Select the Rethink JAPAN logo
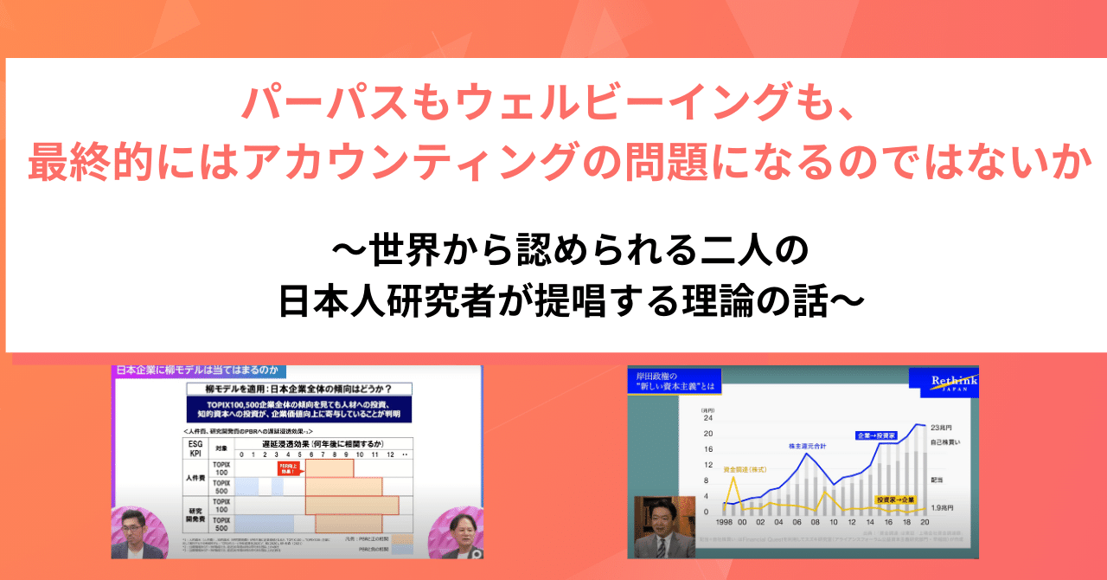tap(943, 383)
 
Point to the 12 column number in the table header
tap(390, 454)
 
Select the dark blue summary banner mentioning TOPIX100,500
tap(299, 409)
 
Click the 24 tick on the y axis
tap(707, 418)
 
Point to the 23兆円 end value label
tap(946, 428)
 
